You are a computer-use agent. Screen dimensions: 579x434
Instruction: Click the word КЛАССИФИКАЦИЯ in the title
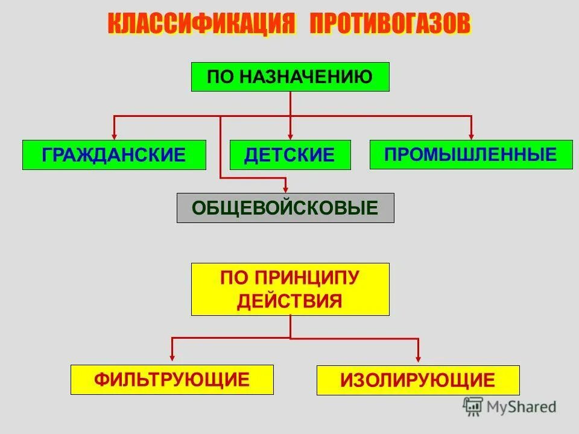(203, 25)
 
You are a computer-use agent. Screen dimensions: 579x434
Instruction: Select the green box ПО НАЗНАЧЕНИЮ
(290, 77)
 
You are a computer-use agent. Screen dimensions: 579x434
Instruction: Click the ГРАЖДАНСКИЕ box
(114, 155)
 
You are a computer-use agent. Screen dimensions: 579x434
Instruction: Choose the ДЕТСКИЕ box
(290, 155)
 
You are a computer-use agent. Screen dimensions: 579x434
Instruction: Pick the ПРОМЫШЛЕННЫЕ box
(471, 154)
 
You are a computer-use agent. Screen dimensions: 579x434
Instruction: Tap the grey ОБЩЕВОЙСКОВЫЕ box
(285, 208)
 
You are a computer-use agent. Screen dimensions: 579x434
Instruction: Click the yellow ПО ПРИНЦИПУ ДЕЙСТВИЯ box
(290, 289)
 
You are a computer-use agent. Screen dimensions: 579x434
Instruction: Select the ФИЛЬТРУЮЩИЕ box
(172, 380)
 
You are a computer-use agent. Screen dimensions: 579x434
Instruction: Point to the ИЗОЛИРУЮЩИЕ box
(418, 380)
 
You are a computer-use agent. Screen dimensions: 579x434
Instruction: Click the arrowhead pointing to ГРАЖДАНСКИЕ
(114, 136)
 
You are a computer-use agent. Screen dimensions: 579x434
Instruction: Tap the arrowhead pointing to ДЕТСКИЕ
(290, 136)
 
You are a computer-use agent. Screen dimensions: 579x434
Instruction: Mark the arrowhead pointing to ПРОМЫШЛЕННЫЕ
(471, 136)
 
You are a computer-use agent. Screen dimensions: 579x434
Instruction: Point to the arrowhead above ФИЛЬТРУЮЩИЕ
(172, 360)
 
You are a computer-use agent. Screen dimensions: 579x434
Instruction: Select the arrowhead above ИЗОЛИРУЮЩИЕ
(418, 360)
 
